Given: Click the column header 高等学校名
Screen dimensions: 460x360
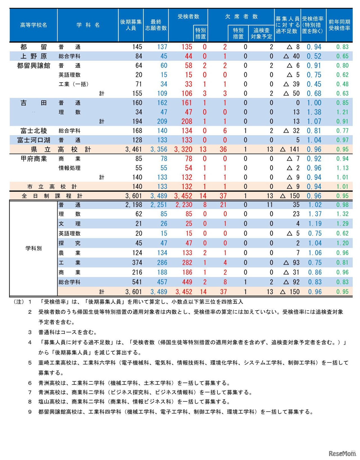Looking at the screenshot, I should pos(33,25).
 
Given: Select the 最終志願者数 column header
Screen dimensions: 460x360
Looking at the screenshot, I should pos(156,25).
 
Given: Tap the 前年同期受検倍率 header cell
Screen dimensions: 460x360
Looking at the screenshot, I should pos(339,25).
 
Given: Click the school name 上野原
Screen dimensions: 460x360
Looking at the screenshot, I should pos(33,56).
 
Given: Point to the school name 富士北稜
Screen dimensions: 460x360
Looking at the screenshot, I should pos(33,131).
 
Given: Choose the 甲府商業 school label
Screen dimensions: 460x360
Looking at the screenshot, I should pos(33,159).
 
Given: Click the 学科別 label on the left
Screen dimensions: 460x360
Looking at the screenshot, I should pos(33,248).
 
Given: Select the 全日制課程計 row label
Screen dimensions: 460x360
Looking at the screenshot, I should pos(52,196).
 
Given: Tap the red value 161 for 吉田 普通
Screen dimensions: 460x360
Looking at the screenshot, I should pos(187,103).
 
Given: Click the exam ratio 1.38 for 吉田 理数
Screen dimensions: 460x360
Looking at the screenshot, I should pos(314,112).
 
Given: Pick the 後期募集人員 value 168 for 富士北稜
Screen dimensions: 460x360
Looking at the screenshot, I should pos(137,131).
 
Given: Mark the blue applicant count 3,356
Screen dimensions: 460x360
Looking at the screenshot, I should pos(159,149).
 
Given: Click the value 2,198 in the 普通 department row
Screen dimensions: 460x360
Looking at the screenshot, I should pos(134,205).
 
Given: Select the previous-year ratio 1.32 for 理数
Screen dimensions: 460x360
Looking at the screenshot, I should pos(342,214).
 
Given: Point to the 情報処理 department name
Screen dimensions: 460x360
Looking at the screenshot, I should pos(69,168).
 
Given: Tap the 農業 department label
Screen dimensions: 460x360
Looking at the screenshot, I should pos(69,253).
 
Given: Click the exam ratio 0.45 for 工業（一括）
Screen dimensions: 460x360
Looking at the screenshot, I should pos(314,84).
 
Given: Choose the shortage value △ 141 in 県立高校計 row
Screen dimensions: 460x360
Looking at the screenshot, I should pos(290,149).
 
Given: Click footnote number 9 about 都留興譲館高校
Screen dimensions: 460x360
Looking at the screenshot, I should pos(30,412).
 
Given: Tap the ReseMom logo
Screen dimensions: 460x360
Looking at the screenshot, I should pos(342,453).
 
